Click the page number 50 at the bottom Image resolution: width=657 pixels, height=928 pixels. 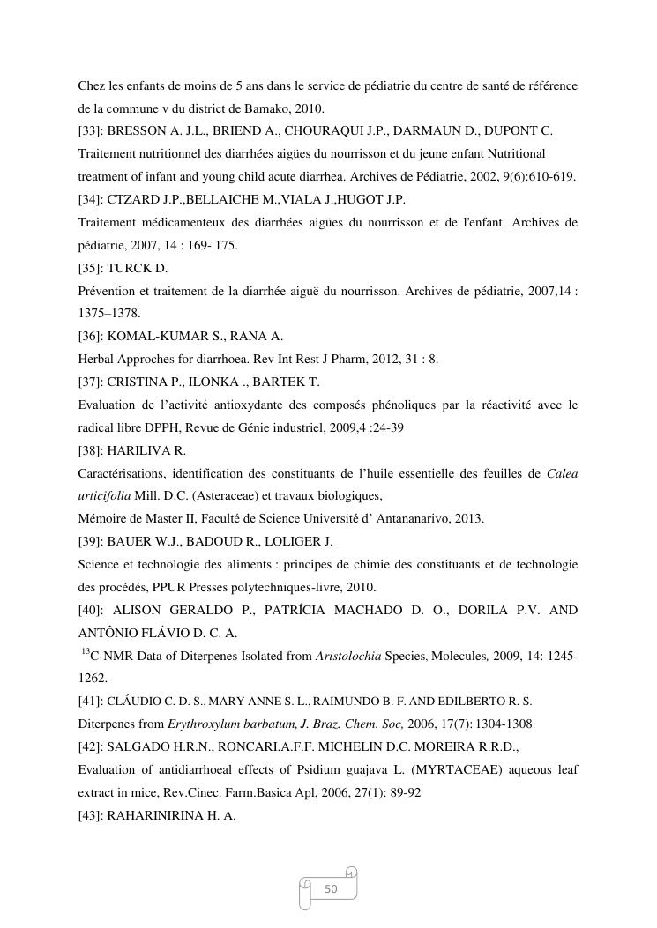coord(332,888)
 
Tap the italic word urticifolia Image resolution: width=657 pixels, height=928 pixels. coord(104,496)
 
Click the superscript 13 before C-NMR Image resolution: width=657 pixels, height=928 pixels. coord(86,652)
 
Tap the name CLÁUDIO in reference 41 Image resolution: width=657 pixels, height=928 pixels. coord(131,702)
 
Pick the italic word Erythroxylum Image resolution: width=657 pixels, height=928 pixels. coord(205,724)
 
